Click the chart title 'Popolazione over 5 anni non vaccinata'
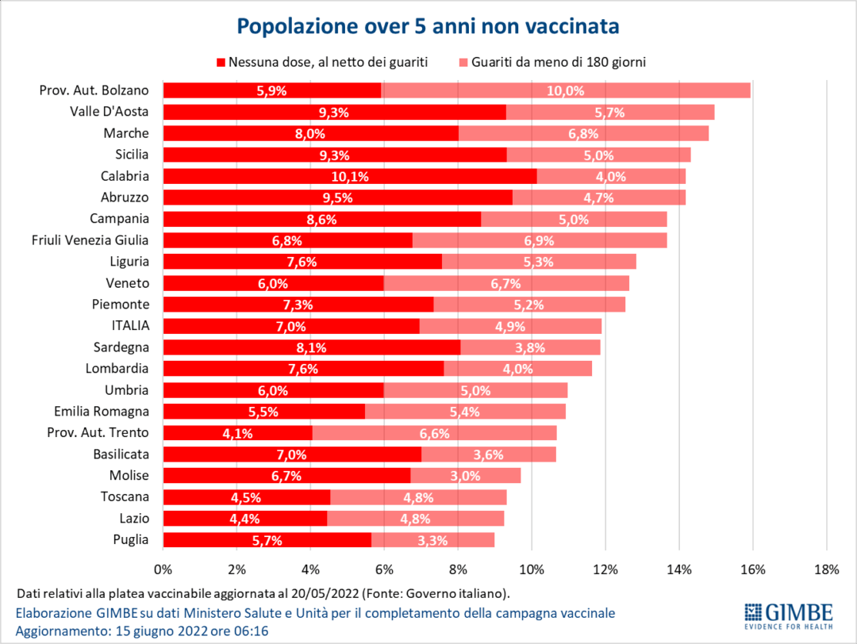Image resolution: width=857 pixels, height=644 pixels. pos(428,26)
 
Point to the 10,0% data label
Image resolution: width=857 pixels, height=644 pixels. pos(565,90)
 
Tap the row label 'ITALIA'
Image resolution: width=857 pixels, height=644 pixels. pos(131,326)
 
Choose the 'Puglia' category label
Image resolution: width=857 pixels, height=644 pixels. pos(132,540)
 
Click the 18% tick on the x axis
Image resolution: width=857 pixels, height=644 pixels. pos(826,569)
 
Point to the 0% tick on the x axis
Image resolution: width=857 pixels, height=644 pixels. pos(163,569)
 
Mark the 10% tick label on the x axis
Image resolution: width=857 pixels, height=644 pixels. pos(531,569)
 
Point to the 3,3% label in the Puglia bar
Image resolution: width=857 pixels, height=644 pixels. pos(432,541)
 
